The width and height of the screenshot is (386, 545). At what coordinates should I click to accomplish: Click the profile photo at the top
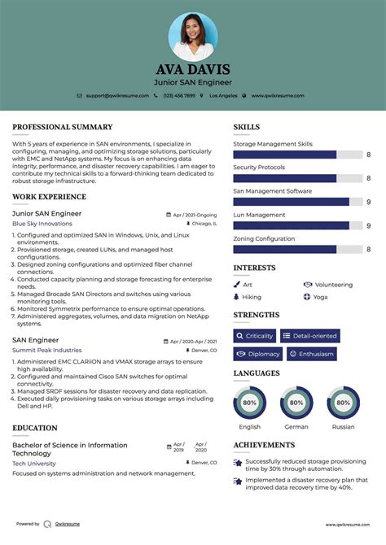point(193,35)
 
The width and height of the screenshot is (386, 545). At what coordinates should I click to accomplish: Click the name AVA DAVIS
point(193,69)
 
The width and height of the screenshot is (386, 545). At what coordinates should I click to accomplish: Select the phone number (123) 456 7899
point(178,95)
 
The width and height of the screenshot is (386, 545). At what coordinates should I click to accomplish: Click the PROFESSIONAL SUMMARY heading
point(62,128)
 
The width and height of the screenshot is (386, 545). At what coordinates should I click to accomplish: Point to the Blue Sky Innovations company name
point(42,224)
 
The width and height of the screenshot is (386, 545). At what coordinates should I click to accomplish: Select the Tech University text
point(34,464)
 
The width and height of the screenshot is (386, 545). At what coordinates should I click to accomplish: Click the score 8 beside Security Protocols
point(368,178)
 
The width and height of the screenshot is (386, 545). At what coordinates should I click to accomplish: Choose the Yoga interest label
point(320,298)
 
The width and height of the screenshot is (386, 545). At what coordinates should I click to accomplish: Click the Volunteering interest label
point(333,285)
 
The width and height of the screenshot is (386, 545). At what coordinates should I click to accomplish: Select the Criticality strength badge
point(254,336)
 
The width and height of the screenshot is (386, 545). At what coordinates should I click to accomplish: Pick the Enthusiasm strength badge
point(311,354)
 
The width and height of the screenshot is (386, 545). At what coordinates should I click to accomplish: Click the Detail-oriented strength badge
point(310,336)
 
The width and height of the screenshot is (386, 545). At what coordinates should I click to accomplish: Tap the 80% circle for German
point(296,403)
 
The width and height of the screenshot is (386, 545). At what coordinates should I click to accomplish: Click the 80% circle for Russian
point(343,403)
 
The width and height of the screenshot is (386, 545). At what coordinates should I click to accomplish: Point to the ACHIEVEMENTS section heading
point(264,445)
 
